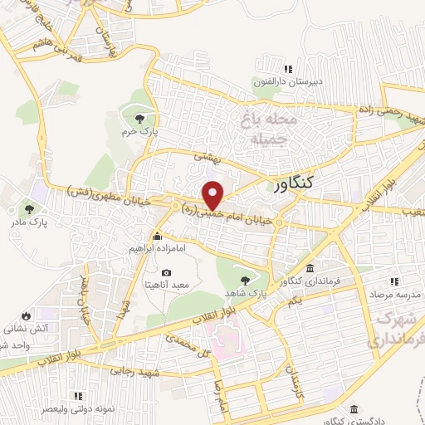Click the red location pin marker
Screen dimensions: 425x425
(x=213, y=195)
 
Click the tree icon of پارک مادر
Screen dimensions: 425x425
(x=30, y=209)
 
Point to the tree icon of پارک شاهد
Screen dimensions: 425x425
(x=244, y=280)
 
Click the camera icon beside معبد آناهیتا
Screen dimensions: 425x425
(x=166, y=272)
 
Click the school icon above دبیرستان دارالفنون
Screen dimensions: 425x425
(x=288, y=69)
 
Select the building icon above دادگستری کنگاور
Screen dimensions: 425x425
(x=355, y=409)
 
